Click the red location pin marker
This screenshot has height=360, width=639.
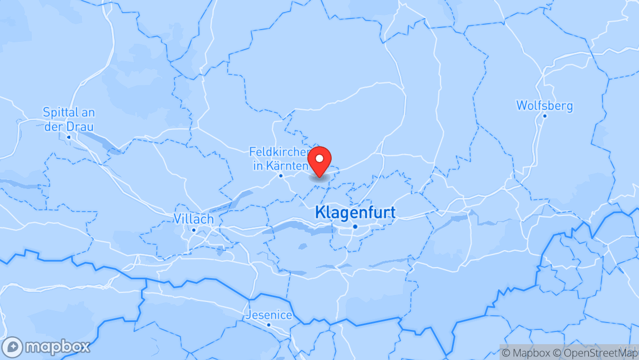point(319,162)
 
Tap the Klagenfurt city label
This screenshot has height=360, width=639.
point(355,213)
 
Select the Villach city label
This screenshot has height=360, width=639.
point(194,219)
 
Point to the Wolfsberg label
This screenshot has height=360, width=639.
point(544,106)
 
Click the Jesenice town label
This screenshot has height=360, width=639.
point(269,315)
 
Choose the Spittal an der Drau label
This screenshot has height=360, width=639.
point(69,119)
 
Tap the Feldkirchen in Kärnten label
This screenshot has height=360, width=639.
point(280,159)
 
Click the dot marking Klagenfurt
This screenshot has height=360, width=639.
point(355,226)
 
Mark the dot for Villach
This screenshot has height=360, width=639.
point(194,230)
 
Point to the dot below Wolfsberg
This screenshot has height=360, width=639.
point(544,116)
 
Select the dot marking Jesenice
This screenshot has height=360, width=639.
point(269,325)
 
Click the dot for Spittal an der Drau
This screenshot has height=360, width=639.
point(69,137)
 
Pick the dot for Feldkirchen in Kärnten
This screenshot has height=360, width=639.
point(281,176)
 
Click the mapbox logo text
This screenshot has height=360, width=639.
point(58,347)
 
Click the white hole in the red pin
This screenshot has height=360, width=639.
point(319,158)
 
